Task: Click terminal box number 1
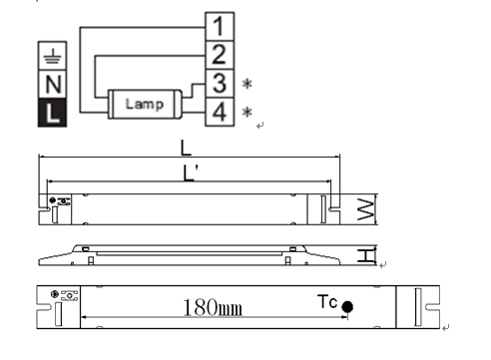pos(220,27)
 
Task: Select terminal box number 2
pos(220,55)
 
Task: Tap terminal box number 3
pos(220,84)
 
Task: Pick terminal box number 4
pos(220,112)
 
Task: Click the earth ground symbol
pos(52,56)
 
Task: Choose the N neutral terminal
pos(52,85)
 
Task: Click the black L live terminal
pos(52,113)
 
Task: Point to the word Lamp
pos(145,104)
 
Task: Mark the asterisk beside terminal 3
pos(247,84)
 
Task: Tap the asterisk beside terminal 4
pos(247,112)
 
